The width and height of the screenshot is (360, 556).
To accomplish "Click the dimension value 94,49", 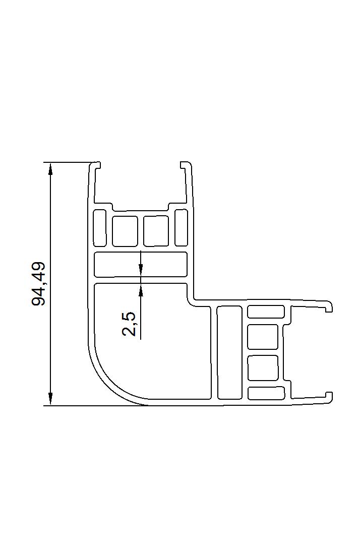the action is coord(38,284).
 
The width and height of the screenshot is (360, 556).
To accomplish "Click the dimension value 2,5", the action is coord(129,324).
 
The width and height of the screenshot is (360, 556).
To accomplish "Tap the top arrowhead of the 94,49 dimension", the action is coord(51,168).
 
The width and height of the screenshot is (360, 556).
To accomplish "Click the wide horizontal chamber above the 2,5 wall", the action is coord(141,264).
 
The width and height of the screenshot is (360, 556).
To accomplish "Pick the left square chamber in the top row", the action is coord(125,231).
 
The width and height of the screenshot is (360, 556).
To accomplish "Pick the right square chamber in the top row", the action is coord(156,231).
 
